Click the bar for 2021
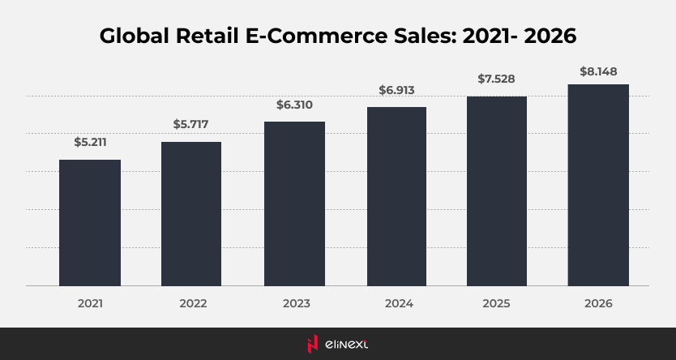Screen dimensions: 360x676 click(90, 222)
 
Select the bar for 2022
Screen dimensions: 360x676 click(191, 213)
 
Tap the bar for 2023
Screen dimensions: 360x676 click(294, 204)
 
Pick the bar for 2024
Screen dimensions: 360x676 click(396, 196)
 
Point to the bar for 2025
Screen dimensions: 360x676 click(496, 191)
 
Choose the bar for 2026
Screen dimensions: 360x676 click(598, 185)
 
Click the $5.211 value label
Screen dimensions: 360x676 click(90, 143)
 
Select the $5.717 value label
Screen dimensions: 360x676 click(191, 125)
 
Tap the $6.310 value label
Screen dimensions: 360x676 click(294, 105)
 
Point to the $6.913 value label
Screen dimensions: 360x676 click(396, 90)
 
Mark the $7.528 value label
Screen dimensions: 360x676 click(496, 79)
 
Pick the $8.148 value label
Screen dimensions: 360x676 click(598, 71)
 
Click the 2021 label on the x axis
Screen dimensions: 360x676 click(90, 304)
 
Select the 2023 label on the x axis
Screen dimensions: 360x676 click(294, 304)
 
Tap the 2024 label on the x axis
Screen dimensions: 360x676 click(396, 304)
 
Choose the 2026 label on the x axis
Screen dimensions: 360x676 click(598, 304)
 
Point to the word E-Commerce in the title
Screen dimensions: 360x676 click(320, 37)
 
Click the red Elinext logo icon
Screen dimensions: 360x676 click(311, 344)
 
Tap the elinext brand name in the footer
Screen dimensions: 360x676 click(348, 345)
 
